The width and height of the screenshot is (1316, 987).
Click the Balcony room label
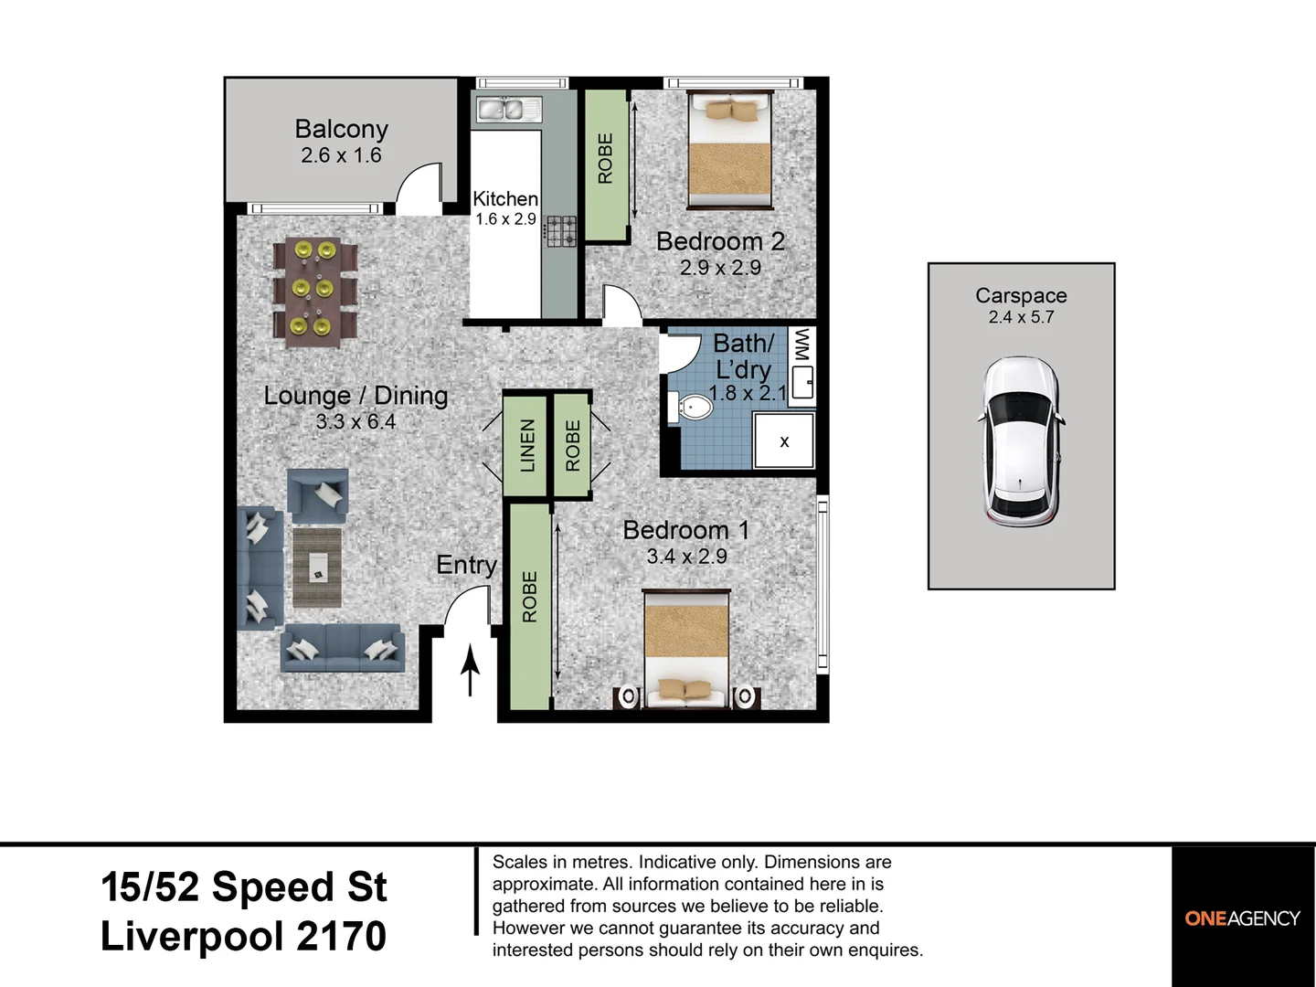click(341, 129)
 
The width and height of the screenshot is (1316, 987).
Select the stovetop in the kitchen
click(560, 231)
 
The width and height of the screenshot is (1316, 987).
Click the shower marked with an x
click(783, 441)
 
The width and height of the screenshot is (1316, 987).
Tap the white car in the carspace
click(1022, 442)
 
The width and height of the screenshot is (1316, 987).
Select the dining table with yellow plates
click(314, 292)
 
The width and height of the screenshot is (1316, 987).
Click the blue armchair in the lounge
click(318, 497)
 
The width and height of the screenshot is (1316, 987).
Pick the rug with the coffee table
click(317, 568)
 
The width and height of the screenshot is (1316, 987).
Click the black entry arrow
click(470, 670)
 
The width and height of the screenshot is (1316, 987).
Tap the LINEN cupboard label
click(526, 446)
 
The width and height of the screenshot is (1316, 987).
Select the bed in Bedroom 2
click(729, 150)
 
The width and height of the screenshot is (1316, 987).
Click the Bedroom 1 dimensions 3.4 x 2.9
click(686, 557)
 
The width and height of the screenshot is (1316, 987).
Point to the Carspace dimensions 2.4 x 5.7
click(1021, 317)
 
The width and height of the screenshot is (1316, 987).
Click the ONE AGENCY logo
click(1243, 918)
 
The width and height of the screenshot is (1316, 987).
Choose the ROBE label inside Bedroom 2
click(606, 158)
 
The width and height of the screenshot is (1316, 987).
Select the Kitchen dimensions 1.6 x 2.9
click(505, 219)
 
